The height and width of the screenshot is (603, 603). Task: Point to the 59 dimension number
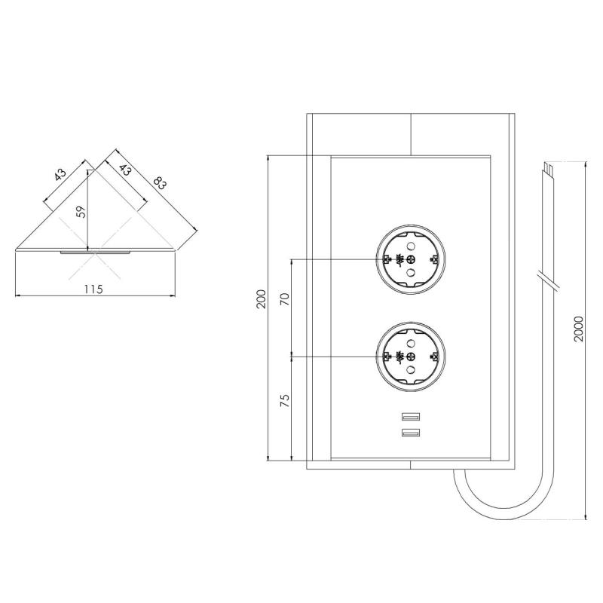pos(81,211)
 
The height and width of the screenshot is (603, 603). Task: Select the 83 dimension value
pos(161,184)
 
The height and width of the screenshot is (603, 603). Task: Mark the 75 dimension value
pos(284,400)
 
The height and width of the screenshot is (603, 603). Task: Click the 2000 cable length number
pos(578,329)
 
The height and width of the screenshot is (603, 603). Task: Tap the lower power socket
pos(412,357)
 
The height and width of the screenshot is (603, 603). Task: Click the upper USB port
pos(411,415)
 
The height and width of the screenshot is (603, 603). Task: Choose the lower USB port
pos(411,433)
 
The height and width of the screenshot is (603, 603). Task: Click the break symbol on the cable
pos(547,279)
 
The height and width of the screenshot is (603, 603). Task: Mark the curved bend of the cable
pos(482,505)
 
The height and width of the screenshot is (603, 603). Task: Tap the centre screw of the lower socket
pos(412,357)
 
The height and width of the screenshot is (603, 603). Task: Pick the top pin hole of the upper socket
pos(412,246)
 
